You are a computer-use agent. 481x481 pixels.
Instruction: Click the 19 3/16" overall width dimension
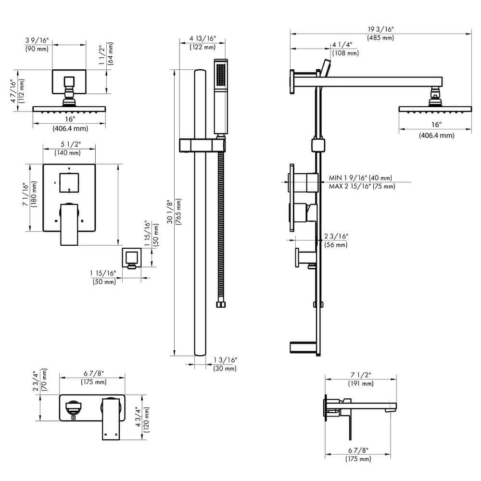pyautogui.click(x=380, y=29)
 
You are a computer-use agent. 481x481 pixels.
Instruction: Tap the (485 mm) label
pyautogui.click(x=380, y=38)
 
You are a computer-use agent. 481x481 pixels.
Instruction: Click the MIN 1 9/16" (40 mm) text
pyautogui.click(x=360, y=178)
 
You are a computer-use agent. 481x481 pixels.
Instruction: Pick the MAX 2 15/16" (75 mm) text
pyautogui.click(x=362, y=187)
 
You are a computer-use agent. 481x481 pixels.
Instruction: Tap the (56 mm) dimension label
pyautogui.click(x=335, y=245)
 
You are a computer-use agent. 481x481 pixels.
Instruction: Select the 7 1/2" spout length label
pyautogui.click(x=361, y=375)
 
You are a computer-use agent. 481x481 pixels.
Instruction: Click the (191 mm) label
pyautogui.click(x=361, y=383)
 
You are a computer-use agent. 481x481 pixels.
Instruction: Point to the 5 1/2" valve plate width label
pyautogui.click(x=68, y=144)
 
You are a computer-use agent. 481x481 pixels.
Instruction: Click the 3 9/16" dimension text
pyautogui.click(x=37, y=40)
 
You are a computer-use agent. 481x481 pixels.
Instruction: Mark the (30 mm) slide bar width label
pyautogui.click(x=225, y=368)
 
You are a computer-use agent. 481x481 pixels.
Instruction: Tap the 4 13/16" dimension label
pyautogui.click(x=203, y=38)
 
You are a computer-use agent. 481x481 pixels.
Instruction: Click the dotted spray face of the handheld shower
pyautogui.click(x=221, y=75)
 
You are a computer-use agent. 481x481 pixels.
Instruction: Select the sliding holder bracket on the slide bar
pyautogui.click(x=202, y=145)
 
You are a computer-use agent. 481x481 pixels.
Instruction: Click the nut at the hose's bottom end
pyautogui.click(x=221, y=304)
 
